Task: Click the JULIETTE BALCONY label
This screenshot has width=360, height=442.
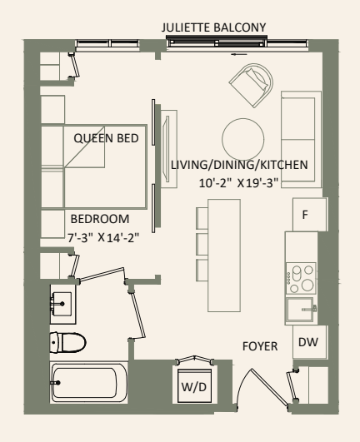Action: point(215,28)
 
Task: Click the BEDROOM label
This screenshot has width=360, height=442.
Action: point(99,218)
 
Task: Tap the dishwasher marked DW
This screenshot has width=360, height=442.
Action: point(307,340)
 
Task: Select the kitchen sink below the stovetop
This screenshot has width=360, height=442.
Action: point(300,309)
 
